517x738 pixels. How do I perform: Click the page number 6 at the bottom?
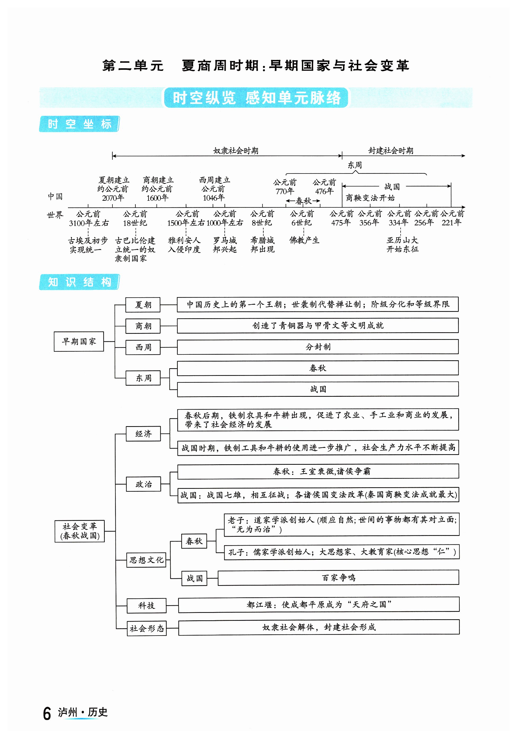(47, 714)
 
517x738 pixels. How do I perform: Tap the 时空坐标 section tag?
(79, 124)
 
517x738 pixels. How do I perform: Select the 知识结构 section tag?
(79, 282)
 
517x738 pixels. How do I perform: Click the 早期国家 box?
(79, 341)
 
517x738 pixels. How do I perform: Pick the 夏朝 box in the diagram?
(143, 304)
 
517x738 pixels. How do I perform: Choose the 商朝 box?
(143, 326)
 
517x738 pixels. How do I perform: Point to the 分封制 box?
(318, 347)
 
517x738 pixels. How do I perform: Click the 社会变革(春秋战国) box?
(79, 531)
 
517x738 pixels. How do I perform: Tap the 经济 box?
(143, 434)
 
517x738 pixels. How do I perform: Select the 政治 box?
(143, 484)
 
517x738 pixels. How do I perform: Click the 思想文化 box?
(146, 560)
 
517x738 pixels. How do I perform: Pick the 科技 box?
(146, 605)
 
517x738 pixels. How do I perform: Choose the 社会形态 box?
(147, 628)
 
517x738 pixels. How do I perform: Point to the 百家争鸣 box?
(338, 578)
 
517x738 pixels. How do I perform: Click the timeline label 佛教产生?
(304, 240)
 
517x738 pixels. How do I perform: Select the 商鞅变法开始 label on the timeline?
(370, 198)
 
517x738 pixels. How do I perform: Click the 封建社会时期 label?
(391, 151)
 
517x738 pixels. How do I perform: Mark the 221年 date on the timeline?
(451, 222)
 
